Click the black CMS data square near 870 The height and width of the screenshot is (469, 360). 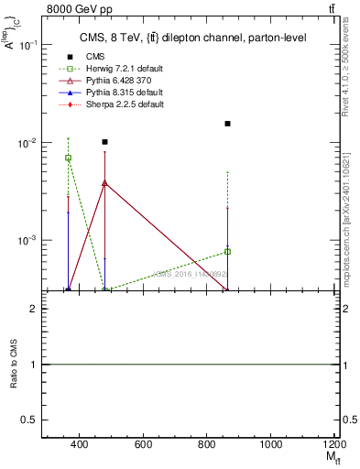(x=227, y=124)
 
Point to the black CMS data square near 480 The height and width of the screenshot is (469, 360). (x=105, y=142)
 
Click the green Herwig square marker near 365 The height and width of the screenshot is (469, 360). (x=68, y=158)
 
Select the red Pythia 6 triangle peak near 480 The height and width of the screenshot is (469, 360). (x=105, y=182)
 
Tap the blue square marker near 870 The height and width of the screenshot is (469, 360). (x=227, y=251)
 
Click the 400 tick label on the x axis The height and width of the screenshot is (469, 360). (x=79, y=445)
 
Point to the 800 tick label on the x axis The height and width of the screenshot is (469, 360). (x=207, y=445)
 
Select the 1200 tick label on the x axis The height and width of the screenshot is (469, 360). (x=333, y=445)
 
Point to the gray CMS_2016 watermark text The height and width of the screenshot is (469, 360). (x=190, y=273)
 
